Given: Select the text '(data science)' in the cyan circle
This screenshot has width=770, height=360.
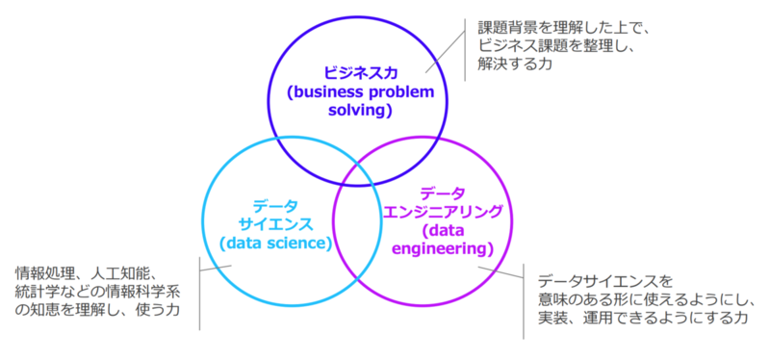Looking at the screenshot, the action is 275,244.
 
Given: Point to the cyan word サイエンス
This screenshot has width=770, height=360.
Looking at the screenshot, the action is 275,224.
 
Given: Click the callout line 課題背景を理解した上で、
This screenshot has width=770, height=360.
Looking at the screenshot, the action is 564,28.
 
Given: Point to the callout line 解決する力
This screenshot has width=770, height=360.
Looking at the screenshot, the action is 515,64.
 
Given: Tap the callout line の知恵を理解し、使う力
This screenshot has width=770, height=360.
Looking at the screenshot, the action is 97,309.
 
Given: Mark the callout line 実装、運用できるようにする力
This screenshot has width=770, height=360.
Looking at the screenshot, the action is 643,318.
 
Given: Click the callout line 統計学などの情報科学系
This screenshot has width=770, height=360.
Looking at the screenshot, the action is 98,292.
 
